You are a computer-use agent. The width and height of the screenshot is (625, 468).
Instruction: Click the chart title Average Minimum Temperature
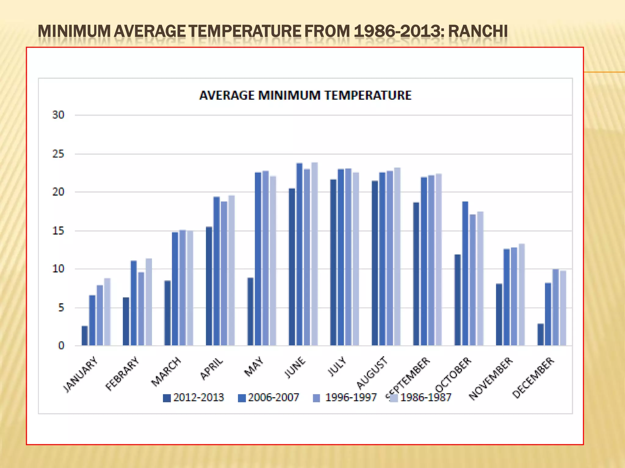coord(305,95)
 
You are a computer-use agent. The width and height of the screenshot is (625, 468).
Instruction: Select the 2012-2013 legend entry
coord(193,398)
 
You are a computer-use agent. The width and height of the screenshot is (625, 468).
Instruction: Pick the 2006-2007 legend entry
coord(269,398)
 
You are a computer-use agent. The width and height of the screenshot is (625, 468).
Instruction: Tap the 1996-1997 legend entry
coord(345,398)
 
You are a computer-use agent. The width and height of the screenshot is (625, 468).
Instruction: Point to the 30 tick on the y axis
coord(58,115)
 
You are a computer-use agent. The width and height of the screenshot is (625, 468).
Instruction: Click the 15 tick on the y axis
coord(58,231)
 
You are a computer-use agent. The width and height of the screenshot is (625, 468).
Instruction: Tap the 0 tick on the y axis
coord(61,346)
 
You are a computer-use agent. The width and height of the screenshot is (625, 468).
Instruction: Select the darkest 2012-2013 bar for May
coord(250,311)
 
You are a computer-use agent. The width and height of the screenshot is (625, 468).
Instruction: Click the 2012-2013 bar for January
coord(85,335)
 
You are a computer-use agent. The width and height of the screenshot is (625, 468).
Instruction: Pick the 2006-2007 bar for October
coord(465,273)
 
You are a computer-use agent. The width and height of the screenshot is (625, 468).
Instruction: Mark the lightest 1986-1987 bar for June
coord(314,254)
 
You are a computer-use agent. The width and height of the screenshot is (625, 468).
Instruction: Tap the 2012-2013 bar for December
coord(540,334)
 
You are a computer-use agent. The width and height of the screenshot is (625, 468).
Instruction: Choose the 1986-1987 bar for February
coord(149,302)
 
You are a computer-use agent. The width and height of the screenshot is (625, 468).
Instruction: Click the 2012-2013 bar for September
coord(416,274)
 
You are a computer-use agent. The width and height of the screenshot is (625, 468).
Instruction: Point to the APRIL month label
coord(211,369)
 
